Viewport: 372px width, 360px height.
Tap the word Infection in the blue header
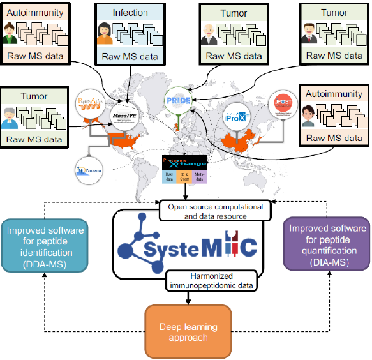click(x=130, y=12)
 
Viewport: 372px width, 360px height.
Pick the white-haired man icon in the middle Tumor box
click(x=210, y=33)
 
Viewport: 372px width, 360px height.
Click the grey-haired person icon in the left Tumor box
click(x=12, y=117)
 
